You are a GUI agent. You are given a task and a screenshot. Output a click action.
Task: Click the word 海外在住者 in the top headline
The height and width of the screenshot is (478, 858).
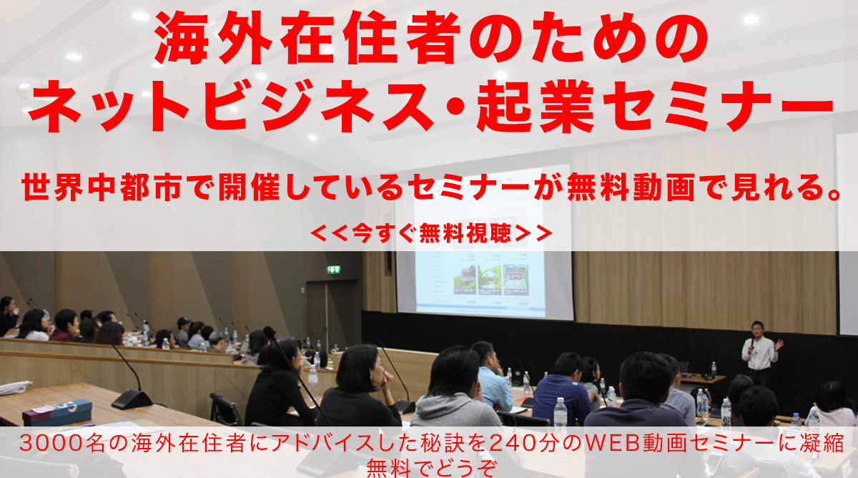pos(307,39)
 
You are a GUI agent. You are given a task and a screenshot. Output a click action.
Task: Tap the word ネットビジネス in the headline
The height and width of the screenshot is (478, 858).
pos(230,106)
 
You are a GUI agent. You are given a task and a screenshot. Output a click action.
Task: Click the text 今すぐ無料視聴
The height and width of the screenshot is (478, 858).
pos(431,233)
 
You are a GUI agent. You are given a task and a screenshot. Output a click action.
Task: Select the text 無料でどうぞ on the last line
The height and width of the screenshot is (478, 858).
pos(432,468)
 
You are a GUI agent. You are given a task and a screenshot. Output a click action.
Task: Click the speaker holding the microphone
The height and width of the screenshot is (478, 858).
pos(760,353)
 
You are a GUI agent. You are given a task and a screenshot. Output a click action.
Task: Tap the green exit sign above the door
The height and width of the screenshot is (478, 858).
pos(334,270)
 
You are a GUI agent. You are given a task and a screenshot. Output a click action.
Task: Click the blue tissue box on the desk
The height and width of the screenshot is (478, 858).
pos(57,412)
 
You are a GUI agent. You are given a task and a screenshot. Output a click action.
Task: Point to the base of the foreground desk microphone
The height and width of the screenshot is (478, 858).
pos(132,399)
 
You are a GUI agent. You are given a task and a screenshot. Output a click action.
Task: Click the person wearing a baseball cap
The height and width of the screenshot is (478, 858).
pos(183,331)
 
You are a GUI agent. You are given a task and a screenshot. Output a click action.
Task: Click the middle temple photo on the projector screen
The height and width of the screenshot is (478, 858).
pos(489,281)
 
